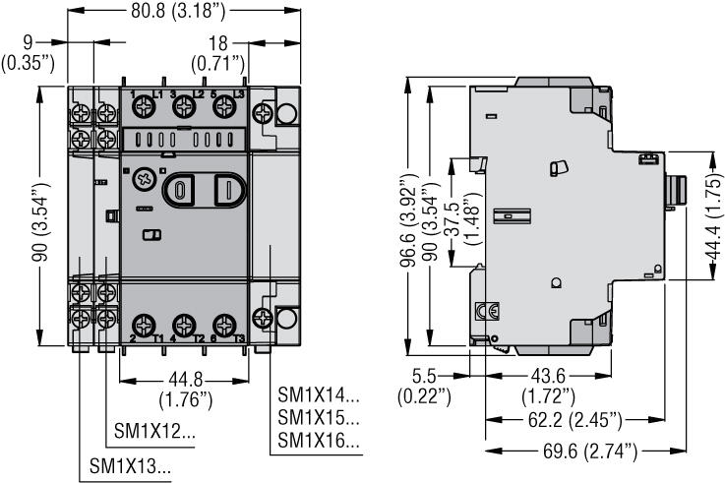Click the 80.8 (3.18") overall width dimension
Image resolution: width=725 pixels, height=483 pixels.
tap(169, 13)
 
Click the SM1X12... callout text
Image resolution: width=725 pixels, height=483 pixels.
tap(154, 431)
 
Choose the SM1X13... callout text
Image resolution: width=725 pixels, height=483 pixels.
tap(129, 466)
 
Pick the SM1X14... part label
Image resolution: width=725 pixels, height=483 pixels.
tap(319, 398)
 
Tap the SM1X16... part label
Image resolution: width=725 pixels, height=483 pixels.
tap(319, 442)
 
